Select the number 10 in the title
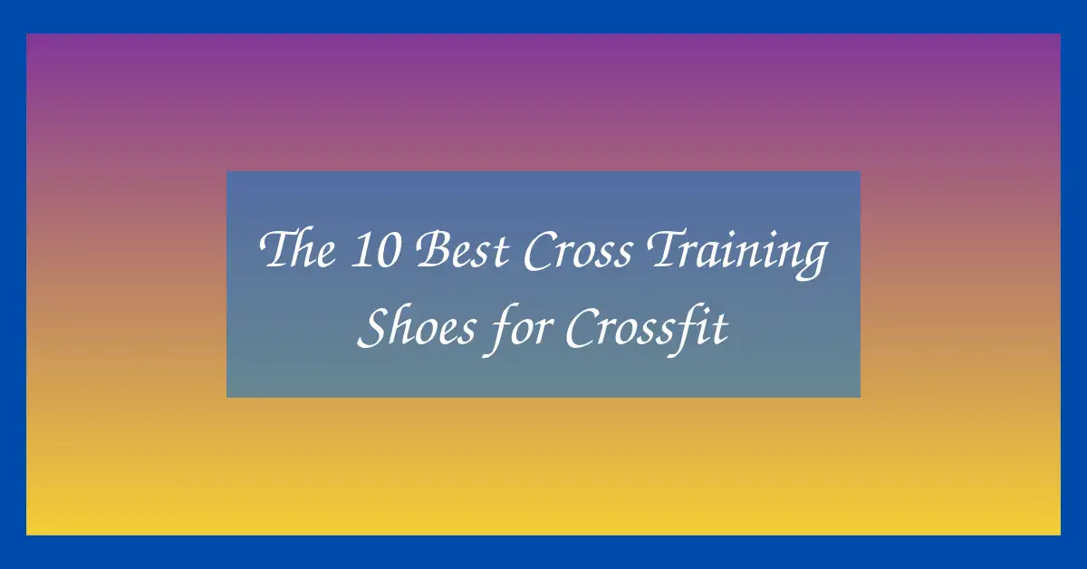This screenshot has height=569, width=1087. [375, 249]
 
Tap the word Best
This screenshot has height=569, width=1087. [463, 249]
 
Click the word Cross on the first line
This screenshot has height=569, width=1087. [579, 250]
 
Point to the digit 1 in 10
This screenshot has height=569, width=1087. [361, 250]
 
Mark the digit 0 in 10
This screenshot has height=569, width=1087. [388, 250]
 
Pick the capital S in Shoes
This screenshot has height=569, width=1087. [375, 327]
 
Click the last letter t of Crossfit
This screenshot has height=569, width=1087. [720, 330]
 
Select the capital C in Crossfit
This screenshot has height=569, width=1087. [584, 328]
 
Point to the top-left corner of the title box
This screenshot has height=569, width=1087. [226, 171]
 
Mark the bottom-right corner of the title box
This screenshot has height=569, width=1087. [861, 398]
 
